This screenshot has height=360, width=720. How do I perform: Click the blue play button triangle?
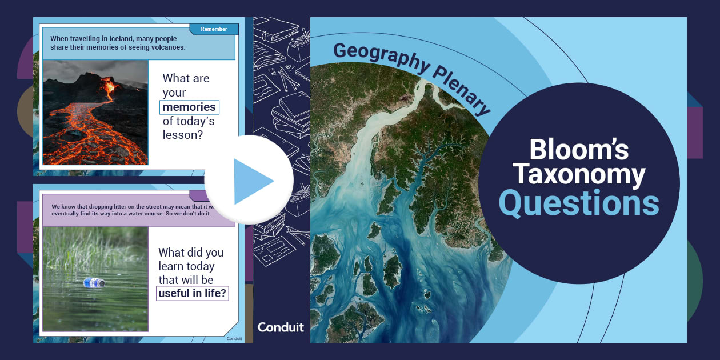click(251, 181)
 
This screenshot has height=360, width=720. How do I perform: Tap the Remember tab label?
click(214, 29)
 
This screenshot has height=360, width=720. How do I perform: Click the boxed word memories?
click(189, 107)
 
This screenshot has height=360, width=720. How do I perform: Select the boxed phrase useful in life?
click(193, 294)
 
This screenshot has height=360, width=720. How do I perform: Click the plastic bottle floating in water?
click(94, 282)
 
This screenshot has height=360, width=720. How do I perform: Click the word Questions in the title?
click(579, 203)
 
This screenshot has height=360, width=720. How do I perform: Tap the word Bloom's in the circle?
click(579, 150)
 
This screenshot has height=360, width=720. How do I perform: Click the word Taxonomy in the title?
click(579, 175)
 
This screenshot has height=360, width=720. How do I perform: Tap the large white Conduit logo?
click(281, 327)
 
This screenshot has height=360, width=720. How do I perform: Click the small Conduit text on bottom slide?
click(234, 338)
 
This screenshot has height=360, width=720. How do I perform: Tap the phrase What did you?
click(191, 253)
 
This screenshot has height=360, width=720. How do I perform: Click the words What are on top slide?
click(186, 78)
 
